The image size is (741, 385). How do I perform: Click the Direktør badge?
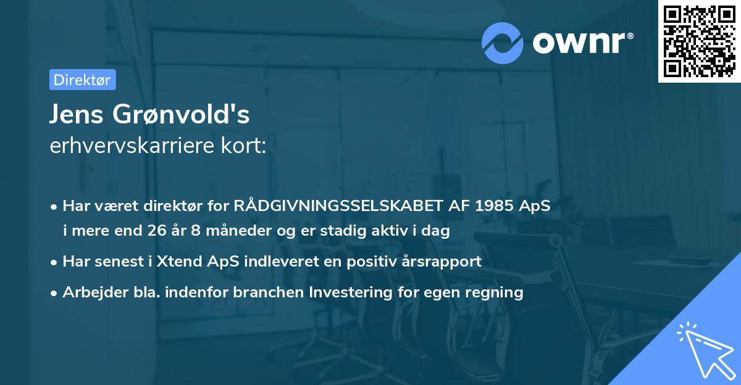pyautogui.click(x=82, y=80)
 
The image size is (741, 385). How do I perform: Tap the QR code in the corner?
pyautogui.click(x=698, y=41)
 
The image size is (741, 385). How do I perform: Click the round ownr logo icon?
pyautogui.click(x=503, y=43)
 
